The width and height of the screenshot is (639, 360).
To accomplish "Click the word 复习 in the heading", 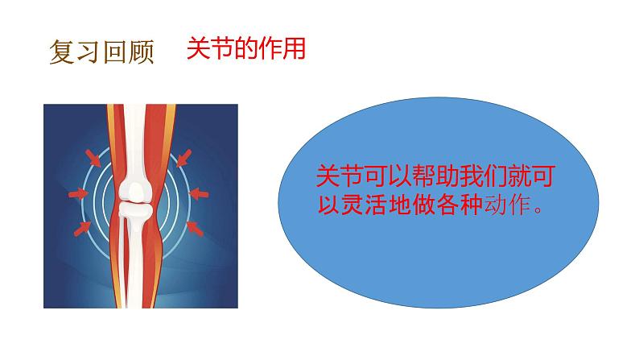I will coord(75,53).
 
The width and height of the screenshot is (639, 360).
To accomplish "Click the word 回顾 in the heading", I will coord(127,53).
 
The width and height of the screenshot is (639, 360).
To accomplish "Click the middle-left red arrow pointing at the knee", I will coord(78,193).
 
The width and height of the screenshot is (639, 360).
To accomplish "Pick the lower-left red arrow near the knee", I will coord(83,229).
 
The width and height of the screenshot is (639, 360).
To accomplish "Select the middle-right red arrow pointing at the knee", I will coord(198,192).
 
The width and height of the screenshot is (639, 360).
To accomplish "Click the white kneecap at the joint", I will coord(134,191).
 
